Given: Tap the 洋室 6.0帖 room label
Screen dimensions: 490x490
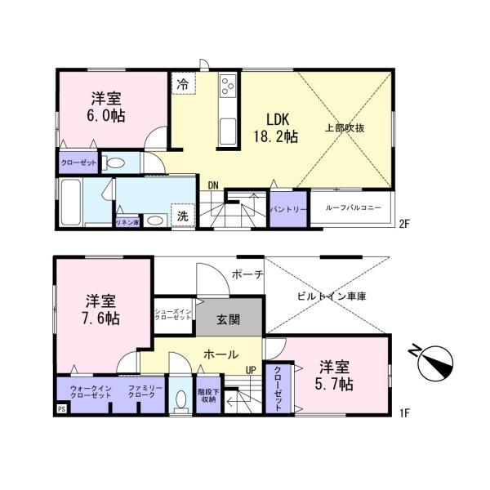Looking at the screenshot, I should [106, 107].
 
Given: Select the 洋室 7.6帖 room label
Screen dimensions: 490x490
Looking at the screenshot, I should [101, 309].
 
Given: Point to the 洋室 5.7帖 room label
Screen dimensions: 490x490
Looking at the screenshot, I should [336, 374].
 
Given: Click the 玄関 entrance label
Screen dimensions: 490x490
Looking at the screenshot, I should [228, 319].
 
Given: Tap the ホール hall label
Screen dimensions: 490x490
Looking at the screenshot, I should [220, 355].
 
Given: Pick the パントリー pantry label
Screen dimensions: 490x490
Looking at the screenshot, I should [289, 210].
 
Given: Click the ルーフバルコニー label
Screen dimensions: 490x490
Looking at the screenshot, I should [354, 209].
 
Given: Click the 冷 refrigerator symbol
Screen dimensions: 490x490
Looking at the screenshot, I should [183, 84].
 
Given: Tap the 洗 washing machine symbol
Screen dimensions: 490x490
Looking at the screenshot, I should [184, 217].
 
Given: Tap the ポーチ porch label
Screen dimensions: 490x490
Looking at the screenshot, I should [247, 274].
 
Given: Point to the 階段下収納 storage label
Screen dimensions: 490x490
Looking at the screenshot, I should [207, 395].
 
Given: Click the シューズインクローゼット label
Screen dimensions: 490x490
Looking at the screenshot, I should [174, 314].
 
